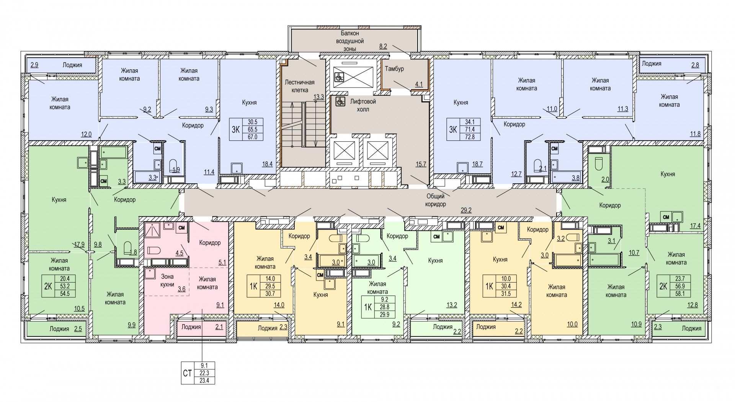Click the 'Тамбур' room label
tap(394, 69)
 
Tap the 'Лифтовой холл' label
tap(363, 105)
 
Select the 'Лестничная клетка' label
tap(300, 86)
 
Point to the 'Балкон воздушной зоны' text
tap(350, 41)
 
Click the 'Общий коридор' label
tap(436, 200)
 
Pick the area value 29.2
tap(466, 209)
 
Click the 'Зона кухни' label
tap(167, 280)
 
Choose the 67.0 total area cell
tap(252, 137)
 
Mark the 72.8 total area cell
tap(469, 137)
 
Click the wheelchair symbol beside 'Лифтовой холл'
tap(339, 102)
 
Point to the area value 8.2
tap(383, 46)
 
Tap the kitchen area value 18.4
tap(267, 164)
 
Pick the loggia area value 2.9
tap(34, 65)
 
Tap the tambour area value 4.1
tap(419, 85)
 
